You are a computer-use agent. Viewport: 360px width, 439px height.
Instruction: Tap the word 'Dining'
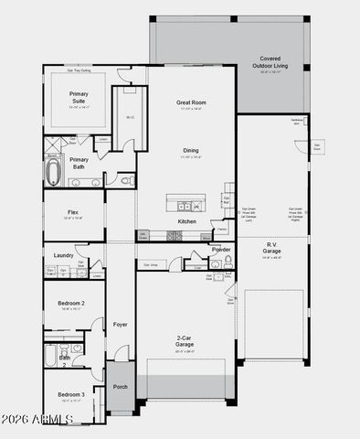point(190,151)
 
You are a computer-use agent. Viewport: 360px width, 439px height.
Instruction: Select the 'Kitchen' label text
point(186,221)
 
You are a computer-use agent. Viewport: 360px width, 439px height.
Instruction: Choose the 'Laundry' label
point(63,255)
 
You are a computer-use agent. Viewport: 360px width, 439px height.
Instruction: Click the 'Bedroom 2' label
point(71,303)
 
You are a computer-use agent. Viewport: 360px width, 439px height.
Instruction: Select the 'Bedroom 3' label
point(71,394)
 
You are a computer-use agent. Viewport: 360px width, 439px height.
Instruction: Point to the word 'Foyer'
point(121,325)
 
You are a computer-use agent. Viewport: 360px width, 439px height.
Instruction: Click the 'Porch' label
point(121,387)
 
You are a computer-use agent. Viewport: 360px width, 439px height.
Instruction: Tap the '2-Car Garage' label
point(185,340)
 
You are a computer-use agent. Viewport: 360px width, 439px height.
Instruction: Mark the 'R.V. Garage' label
point(271,247)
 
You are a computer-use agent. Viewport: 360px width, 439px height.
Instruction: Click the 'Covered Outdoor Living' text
point(276,61)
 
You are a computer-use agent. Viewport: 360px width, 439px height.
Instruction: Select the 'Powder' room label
point(221,249)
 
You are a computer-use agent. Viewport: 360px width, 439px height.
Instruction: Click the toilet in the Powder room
point(228,262)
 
